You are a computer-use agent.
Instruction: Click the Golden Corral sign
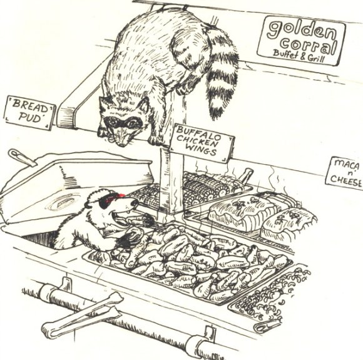301,40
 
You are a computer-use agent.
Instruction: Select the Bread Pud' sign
29,113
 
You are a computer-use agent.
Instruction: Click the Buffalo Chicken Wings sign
200,143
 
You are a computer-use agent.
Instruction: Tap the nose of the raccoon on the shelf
122,144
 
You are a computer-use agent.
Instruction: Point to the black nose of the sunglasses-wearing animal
135,204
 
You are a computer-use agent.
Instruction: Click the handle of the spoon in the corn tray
245,174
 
